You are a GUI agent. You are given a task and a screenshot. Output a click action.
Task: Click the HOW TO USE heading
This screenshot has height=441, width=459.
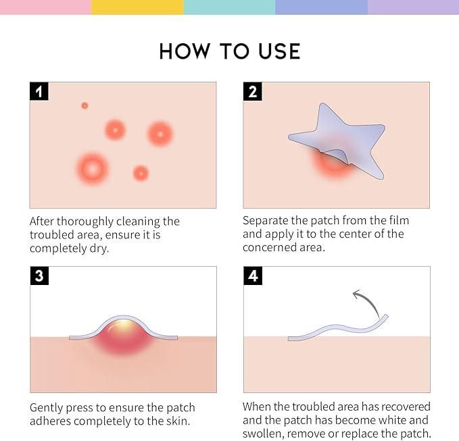(x=229, y=51)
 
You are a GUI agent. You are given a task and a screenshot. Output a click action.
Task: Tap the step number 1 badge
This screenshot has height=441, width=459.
(x=39, y=92)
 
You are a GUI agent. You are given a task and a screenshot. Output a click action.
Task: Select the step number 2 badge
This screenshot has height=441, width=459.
(x=253, y=92)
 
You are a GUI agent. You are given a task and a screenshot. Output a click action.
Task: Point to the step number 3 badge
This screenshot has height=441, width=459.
(x=39, y=276)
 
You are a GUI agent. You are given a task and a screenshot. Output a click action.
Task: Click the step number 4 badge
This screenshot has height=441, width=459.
(x=253, y=276)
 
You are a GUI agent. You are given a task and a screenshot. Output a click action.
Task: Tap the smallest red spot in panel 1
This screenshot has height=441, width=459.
(x=84, y=105)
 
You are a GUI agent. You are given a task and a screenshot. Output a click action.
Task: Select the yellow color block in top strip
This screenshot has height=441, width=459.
(x=137, y=7)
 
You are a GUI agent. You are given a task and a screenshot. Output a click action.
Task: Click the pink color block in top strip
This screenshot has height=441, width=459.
(x=45, y=7)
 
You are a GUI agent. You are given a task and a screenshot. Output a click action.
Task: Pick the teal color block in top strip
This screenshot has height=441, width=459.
(x=229, y=7)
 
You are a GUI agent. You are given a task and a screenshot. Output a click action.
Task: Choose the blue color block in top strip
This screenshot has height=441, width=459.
(x=321, y=7)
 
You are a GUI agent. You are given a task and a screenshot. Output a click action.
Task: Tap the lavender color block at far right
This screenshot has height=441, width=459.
(x=413, y=7)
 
